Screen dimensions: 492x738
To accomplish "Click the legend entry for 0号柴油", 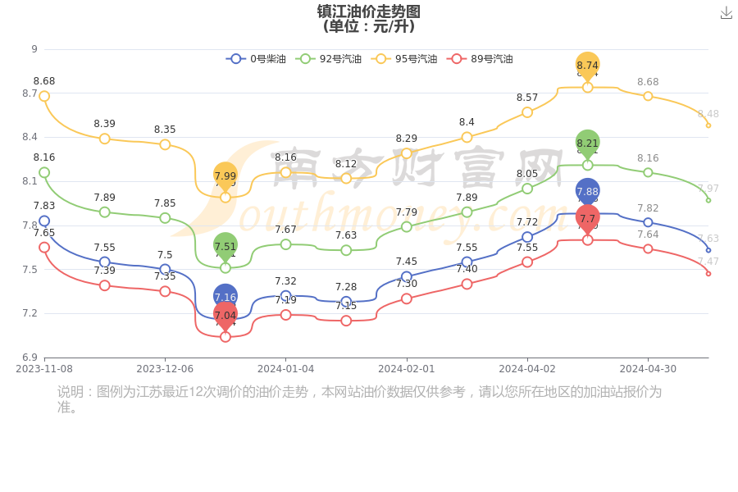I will click(x=256, y=59).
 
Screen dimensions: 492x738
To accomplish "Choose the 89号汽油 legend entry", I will click(x=482, y=59).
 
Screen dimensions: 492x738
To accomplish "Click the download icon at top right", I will click(x=727, y=13).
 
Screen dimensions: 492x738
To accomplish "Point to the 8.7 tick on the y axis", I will click(x=30, y=93).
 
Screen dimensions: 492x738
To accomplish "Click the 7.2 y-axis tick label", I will click(x=30, y=313).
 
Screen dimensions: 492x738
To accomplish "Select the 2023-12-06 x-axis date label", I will click(x=165, y=369).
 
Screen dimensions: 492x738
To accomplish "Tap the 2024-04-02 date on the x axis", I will click(x=527, y=369).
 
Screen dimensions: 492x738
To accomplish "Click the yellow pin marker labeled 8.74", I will click(x=588, y=65).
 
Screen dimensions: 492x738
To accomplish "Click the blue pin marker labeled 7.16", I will click(x=225, y=297).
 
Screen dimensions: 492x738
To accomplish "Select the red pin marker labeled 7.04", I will click(x=225, y=315).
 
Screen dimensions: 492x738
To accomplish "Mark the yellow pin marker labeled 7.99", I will click(x=225, y=175).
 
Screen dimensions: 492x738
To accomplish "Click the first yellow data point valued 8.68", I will click(x=44, y=96).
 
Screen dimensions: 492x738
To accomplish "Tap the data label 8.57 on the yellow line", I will click(x=527, y=98).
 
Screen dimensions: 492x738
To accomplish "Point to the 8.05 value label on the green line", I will click(x=527, y=174).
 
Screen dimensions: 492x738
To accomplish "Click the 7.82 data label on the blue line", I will click(x=648, y=208).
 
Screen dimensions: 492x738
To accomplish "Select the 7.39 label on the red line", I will click(x=104, y=271).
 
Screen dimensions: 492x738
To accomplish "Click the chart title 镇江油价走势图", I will click(x=369, y=11).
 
